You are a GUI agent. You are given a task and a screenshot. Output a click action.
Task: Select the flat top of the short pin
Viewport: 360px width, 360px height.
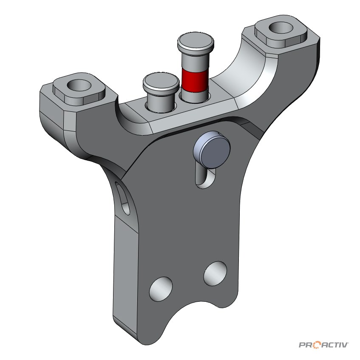(x=161, y=82)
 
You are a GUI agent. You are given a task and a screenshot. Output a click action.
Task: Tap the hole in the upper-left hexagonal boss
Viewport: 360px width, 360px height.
(x=79, y=85)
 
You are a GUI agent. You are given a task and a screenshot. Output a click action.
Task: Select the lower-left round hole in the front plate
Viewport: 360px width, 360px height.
(x=161, y=289)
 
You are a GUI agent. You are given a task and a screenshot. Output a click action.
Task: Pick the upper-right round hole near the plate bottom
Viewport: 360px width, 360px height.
(x=215, y=274)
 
